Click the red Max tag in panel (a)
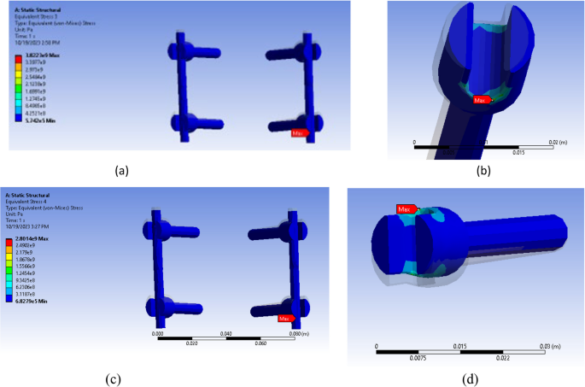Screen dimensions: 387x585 pyautogui.click(x=298, y=133)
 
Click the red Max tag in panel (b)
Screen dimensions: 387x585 pyautogui.click(x=483, y=101)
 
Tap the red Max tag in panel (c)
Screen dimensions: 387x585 pyautogui.click(x=289, y=319)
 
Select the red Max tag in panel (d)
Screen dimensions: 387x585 pyautogui.click(x=407, y=208)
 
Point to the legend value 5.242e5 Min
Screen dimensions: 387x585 pyautogui.click(x=40, y=120)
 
